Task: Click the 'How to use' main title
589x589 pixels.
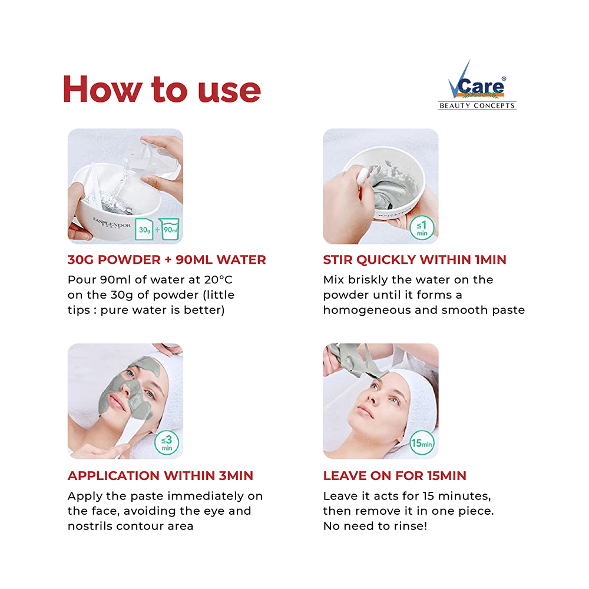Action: [162, 90]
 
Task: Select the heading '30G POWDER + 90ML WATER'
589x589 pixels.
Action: [167, 260]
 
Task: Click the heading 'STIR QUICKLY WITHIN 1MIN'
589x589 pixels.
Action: [415, 260]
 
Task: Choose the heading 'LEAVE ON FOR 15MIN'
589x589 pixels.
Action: [395, 475]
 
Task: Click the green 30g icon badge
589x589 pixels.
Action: [144, 229]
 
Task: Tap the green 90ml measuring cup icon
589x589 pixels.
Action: [171, 229]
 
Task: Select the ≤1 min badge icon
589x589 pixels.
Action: [422, 227]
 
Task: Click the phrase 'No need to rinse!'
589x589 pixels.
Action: [375, 525]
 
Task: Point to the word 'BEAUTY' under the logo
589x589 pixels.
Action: [456, 106]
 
